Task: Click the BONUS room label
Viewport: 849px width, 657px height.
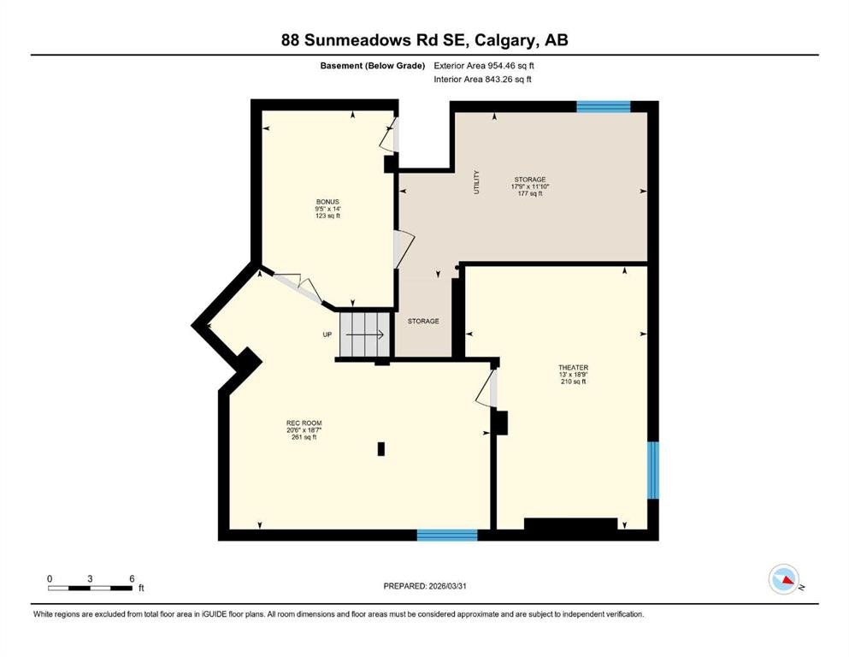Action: (327, 202)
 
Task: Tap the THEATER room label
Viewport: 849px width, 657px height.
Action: (574, 367)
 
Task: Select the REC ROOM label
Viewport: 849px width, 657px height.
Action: (304, 423)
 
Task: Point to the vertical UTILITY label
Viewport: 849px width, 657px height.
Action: (476, 182)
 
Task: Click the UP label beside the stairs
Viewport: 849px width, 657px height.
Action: (327, 334)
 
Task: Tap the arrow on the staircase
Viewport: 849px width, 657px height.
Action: (365, 334)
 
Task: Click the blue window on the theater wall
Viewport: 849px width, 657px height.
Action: (653, 471)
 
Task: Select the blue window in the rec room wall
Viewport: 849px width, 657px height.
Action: (447, 536)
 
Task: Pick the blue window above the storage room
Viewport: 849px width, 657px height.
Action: (603, 106)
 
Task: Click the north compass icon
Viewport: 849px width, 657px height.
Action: (784, 579)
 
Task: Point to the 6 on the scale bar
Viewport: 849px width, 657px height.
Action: (132, 578)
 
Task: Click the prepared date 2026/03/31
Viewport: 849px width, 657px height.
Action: (447, 586)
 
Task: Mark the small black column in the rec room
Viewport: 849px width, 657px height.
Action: (381, 448)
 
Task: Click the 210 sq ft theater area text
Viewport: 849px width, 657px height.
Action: (574, 382)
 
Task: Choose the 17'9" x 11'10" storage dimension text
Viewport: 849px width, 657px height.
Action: (530, 186)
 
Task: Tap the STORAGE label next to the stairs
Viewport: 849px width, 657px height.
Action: (423, 321)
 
